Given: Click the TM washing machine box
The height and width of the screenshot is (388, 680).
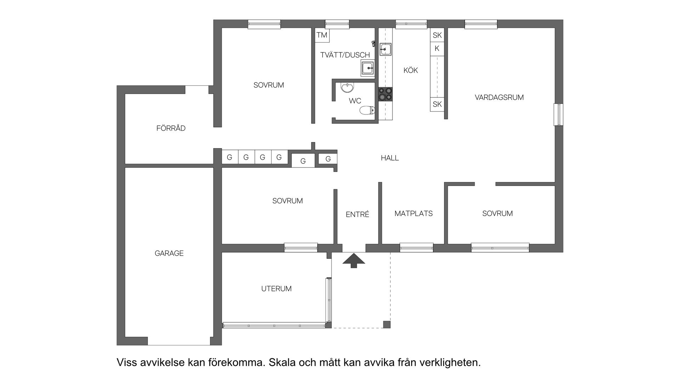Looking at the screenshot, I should [x=322, y=35].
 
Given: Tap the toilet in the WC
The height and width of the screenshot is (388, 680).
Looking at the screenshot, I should [x=367, y=111].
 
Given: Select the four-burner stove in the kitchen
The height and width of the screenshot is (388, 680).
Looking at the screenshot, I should [x=385, y=94].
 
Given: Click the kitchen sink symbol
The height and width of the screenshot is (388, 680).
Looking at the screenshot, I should [x=385, y=49].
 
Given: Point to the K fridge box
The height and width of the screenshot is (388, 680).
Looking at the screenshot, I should [x=437, y=49].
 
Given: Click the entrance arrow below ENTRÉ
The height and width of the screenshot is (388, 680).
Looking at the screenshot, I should [x=353, y=260].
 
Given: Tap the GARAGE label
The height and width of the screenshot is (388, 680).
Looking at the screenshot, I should [x=169, y=253].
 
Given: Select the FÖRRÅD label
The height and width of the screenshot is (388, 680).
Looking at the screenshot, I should [x=171, y=128].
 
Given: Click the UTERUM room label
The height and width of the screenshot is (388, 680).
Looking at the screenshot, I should [x=276, y=289].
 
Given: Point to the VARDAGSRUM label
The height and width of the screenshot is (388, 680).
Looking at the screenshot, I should [x=499, y=97].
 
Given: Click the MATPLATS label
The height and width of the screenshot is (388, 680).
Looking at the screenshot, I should [x=413, y=214].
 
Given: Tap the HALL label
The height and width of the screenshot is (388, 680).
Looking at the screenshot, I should [x=390, y=158].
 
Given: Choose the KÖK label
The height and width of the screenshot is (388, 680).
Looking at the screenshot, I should [x=410, y=71].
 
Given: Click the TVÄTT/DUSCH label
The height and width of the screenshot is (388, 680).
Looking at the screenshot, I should [x=345, y=55].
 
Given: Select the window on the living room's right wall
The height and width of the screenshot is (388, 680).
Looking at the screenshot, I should [x=559, y=114].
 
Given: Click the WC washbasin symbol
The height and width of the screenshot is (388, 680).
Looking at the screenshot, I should [x=347, y=87].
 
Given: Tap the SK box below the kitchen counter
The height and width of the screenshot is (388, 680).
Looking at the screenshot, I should [x=437, y=104].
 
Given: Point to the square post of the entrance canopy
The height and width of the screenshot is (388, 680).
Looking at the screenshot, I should [x=387, y=325].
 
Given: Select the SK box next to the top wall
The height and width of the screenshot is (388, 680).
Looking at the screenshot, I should [x=437, y=35].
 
